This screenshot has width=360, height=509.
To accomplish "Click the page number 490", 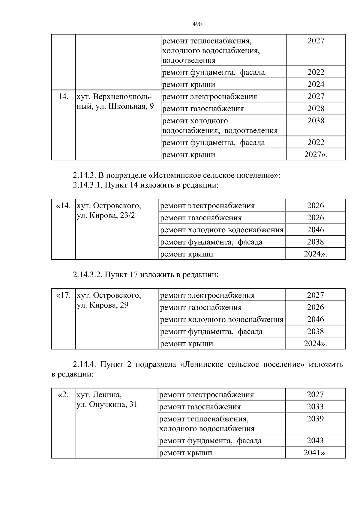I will coord(197,24).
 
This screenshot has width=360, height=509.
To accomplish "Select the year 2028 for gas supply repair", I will coord(316,109).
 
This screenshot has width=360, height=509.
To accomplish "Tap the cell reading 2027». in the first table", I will coord(316,155).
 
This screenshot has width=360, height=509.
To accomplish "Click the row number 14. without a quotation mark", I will coord(63,97).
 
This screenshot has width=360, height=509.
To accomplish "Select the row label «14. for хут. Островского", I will coord(63,206).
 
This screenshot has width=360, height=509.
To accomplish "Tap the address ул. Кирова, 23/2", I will coord(106,216).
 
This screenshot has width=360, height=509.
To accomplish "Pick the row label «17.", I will coord(63,296).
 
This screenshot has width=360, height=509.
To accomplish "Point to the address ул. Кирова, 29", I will coord(103,305).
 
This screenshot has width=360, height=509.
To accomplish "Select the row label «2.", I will coord(63,395).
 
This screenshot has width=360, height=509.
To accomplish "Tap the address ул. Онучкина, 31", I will coord(107,404).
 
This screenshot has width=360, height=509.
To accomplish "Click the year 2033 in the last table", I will coord(315,407).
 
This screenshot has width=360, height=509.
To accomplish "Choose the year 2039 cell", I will coord(315,419).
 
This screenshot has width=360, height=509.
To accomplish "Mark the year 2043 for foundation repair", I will coord(315,441).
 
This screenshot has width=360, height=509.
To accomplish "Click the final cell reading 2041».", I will coord(315,453).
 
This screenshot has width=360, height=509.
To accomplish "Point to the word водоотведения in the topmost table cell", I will coord(189,61).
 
